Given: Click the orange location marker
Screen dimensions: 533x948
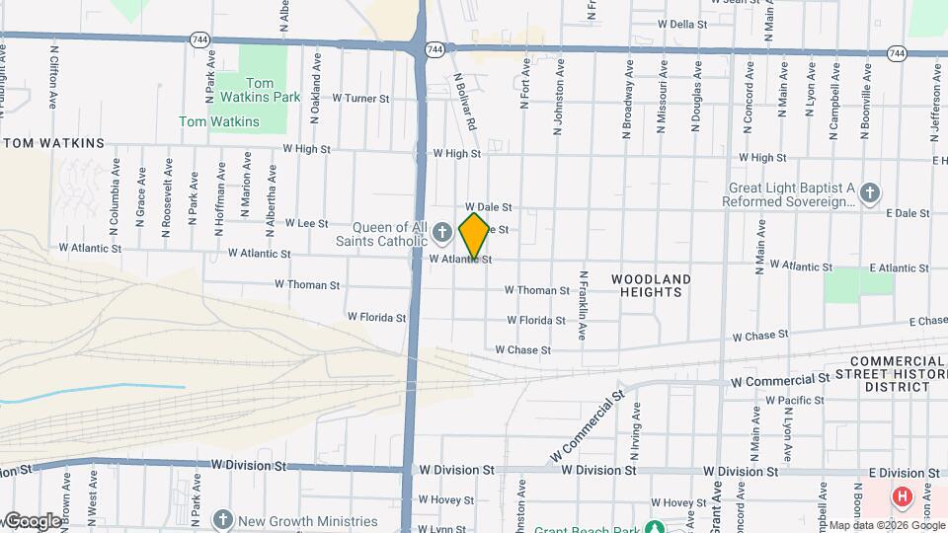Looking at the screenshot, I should coord(474,236).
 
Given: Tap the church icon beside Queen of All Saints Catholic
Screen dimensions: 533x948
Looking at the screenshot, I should coord(442,233).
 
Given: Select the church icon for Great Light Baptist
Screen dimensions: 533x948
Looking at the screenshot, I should coord(869,193).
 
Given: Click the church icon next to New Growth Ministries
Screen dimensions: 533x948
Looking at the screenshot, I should coord(223,520).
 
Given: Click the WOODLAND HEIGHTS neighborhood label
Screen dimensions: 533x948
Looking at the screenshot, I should coord(651,285).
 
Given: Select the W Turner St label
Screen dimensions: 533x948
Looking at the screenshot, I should coord(360,99).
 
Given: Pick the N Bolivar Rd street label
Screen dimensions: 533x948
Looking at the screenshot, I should coord(465,101).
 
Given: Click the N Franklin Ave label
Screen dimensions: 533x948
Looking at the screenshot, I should coord(584,305).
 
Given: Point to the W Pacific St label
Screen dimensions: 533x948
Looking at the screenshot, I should coord(794,400).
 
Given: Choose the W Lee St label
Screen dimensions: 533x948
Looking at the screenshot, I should coord(306,224).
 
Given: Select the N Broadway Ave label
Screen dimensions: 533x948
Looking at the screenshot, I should coord(627,100).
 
